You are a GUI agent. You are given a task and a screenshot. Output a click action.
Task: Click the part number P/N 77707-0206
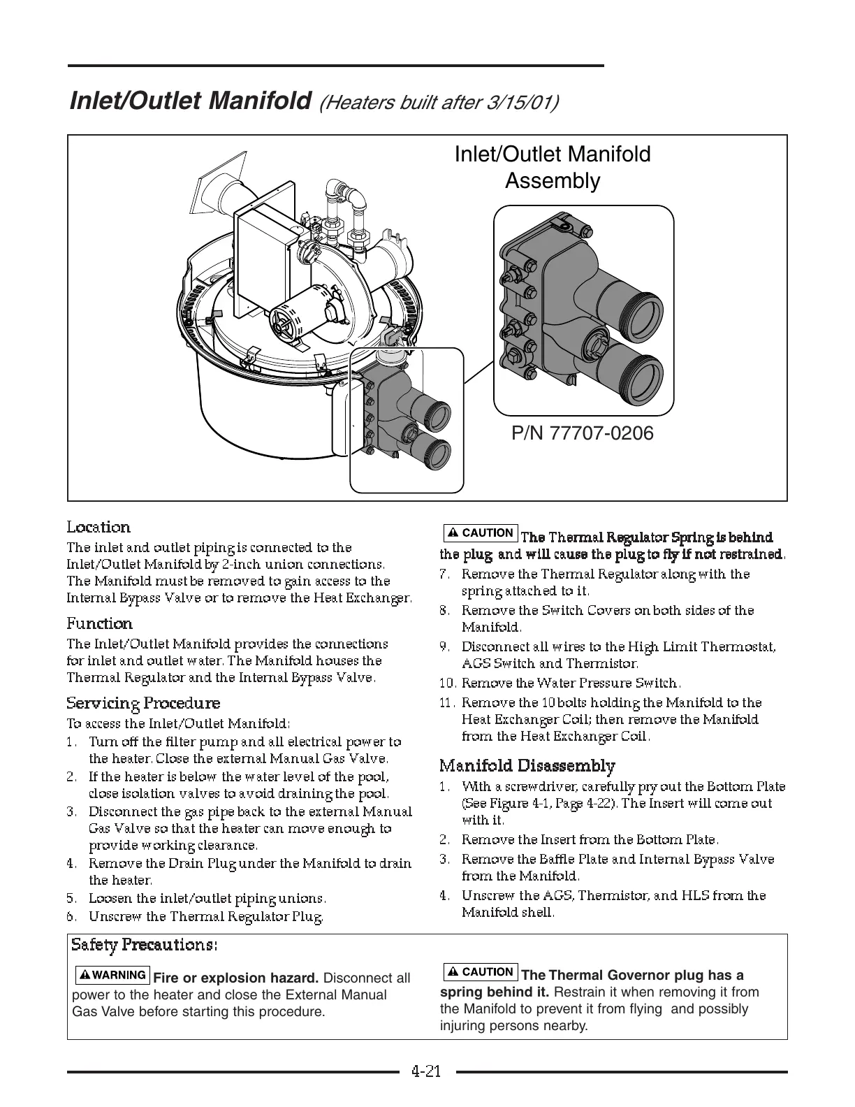pyautogui.click(x=583, y=433)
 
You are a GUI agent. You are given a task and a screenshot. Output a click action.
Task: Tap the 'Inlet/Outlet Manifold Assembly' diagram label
pyautogui.click(x=552, y=167)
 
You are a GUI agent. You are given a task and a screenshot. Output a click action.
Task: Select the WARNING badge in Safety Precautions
pyautogui.click(x=112, y=975)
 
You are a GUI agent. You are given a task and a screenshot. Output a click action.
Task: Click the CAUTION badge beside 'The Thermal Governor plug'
pyautogui.click(x=480, y=972)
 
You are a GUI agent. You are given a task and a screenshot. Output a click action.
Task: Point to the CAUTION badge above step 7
pyautogui.click(x=480, y=533)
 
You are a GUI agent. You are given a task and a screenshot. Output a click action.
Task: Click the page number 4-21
pyautogui.click(x=426, y=1071)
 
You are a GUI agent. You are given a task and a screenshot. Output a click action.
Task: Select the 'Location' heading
pyautogui.click(x=98, y=527)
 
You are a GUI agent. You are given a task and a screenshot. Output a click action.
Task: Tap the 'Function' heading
pyautogui.click(x=99, y=623)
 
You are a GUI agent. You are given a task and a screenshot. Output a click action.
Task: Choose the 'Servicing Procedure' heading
pyautogui.click(x=143, y=703)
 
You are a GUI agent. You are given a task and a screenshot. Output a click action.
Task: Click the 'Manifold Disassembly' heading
pyautogui.click(x=527, y=766)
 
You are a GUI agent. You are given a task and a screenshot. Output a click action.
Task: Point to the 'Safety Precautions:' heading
pyautogui.click(x=145, y=945)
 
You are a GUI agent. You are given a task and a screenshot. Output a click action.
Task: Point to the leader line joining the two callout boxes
pyautogui.click(x=478, y=369)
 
